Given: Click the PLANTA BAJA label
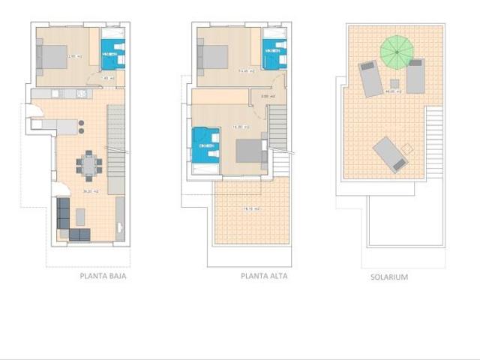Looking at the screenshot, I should click(103, 276).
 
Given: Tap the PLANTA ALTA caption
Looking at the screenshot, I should click(264, 276).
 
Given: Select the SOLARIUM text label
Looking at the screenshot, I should click(389, 277).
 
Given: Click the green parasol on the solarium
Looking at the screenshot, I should click(397, 52).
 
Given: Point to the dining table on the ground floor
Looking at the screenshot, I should click(90, 165).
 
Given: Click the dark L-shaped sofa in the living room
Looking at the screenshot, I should click(70, 222).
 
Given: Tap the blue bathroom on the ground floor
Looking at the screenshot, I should click(112, 55).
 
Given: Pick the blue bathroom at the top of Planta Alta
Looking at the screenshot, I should click(274, 55).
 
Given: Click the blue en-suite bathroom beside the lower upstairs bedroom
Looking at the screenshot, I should click(205, 145).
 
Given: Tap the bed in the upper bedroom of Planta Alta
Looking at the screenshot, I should click(214, 56).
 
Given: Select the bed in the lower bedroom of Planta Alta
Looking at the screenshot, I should click(251, 151).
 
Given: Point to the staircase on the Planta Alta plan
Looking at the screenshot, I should click(277, 127).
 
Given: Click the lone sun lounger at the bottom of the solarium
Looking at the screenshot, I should click(390, 154).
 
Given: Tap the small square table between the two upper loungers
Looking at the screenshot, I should click(394, 83).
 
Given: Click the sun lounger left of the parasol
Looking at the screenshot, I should click(370, 79).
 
